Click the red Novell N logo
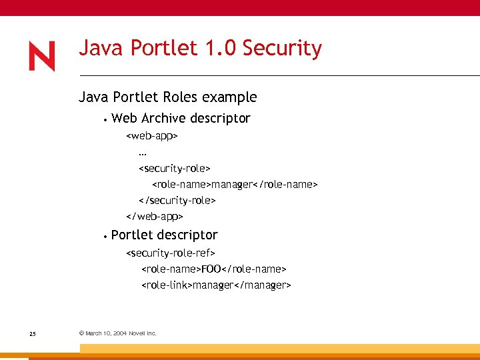[x=41, y=57]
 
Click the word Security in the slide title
[x=282, y=49]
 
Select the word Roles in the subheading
[x=180, y=97]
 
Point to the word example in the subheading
[x=229, y=97]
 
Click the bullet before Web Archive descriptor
[x=105, y=121]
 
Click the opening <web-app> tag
[x=152, y=136]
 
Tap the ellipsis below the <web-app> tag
[x=143, y=153]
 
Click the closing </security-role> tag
[x=177, y=200]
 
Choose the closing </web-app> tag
[x=155, y=217]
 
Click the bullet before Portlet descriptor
[x=105, y=237]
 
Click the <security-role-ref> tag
[x=171, y=253]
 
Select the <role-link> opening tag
[x=167, y=285]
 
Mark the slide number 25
[x=33, y=333]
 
